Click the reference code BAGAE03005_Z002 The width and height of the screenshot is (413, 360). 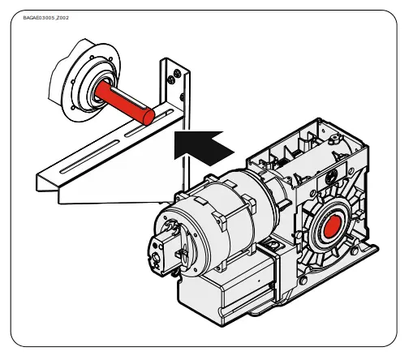pyautogui.click(x=46, y=17)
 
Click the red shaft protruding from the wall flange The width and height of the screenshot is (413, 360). pyautogui.click(x=122, y=101)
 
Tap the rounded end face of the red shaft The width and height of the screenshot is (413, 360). pyautogui.click(x=147, y=116)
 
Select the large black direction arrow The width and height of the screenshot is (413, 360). pyautogui.click(x=202, y=146)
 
